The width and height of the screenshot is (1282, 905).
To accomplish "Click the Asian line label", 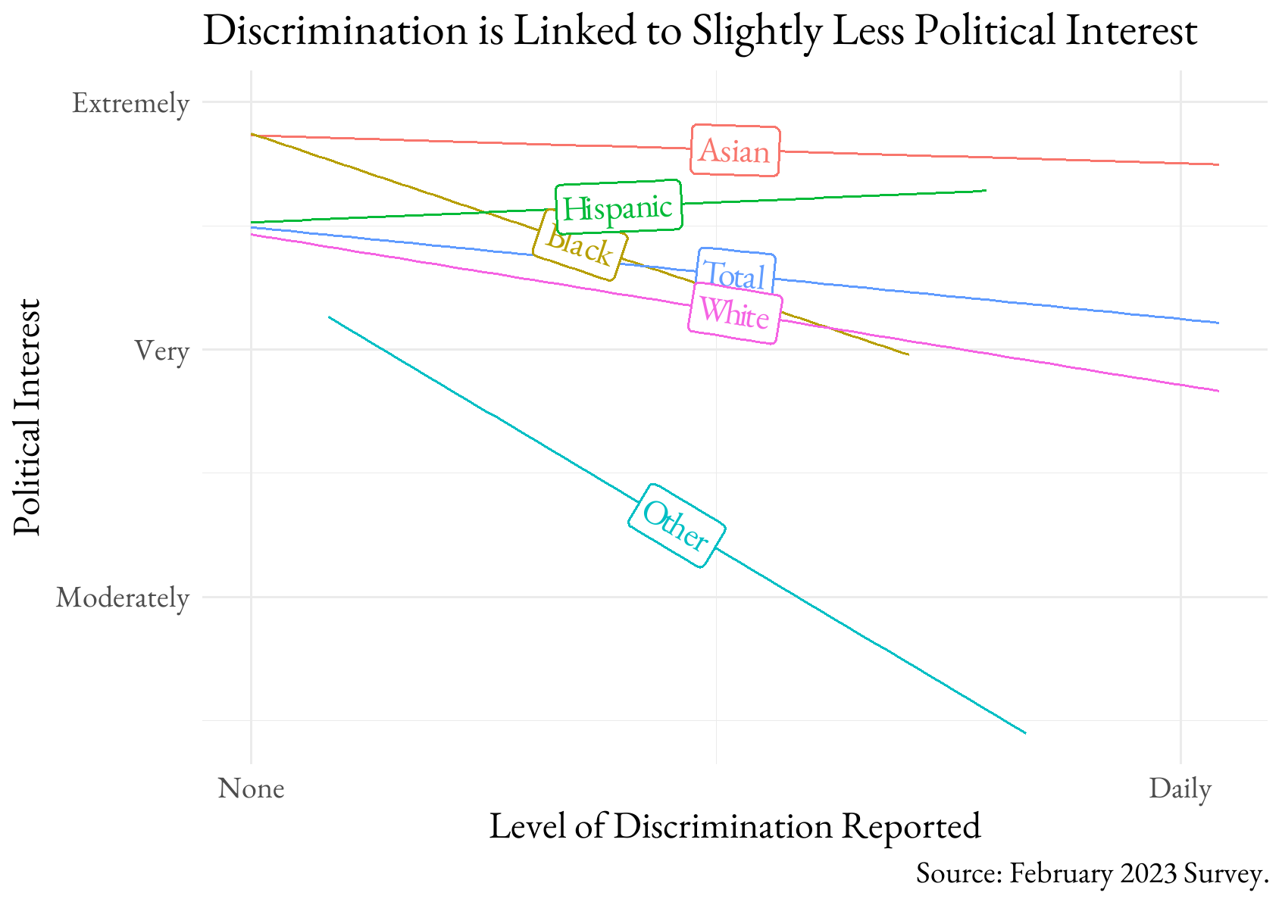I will point(735,151).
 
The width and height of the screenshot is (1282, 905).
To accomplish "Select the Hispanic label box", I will point(618,207).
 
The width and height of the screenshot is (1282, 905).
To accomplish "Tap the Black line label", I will point(580,245).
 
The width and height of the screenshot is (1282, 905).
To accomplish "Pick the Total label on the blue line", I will point(736,273).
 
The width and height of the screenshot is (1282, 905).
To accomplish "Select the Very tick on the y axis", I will point(161,351).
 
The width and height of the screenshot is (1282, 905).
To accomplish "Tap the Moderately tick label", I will point(122,598).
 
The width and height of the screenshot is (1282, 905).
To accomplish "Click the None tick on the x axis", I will point(252,788).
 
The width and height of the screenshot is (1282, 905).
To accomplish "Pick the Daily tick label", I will point(1180,788).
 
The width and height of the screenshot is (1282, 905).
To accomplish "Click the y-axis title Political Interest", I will point(27,417).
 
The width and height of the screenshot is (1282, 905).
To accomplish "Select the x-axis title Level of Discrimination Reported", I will point(735,826).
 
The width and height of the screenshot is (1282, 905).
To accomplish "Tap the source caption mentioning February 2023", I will point(1092,873).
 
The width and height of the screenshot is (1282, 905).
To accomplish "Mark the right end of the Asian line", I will point(1218,164).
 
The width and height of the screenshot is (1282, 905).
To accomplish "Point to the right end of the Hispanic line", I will point(986,190).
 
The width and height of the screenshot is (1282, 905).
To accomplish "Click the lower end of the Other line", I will point(1025,733).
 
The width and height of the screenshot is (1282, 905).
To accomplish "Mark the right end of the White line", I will point(1218,391).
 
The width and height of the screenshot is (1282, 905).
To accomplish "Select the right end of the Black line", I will point(908,354).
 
